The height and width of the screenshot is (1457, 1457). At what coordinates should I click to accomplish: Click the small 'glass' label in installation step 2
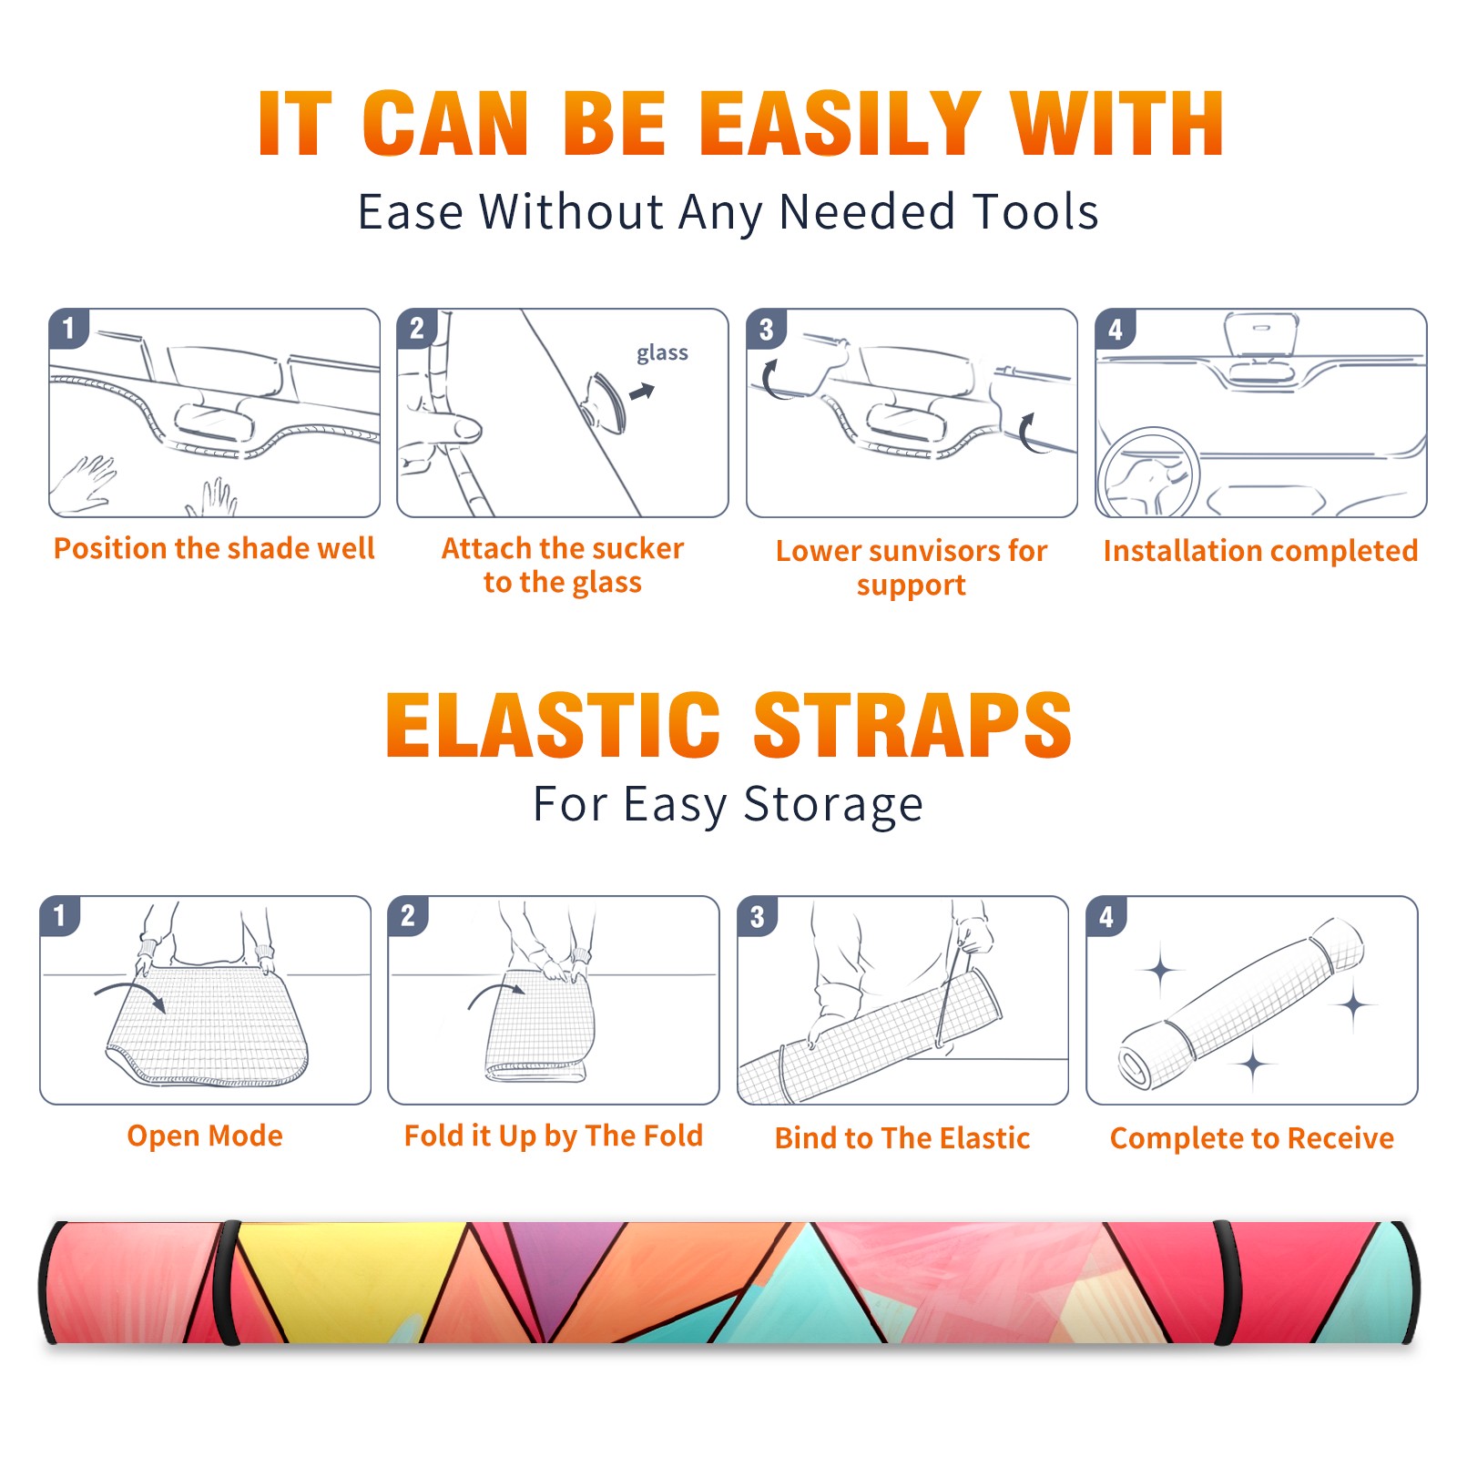(x=662, y=353)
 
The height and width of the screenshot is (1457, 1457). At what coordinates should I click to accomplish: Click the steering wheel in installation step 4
(x=1148, y=473)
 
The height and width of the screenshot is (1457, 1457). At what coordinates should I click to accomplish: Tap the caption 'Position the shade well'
(x=214, y=548)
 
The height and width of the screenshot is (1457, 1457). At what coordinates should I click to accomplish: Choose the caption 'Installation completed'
(x=1260, y=550)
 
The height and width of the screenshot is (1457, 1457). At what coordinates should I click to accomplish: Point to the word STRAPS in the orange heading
(x=912, y=725)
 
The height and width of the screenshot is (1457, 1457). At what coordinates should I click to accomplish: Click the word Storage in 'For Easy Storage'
(x=833, y=805)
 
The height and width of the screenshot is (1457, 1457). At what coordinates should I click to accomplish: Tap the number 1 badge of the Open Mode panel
(x=60, y=915)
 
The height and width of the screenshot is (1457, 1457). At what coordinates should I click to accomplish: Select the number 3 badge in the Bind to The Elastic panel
(x=758, y=915)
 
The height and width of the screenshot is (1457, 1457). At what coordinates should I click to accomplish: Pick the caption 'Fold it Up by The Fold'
(x=554, y=1136)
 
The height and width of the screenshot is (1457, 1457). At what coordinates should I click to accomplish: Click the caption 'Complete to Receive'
(x=1252, y=1138)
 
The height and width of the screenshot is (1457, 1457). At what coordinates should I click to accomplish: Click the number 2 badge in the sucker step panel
(x=417, y=328)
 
